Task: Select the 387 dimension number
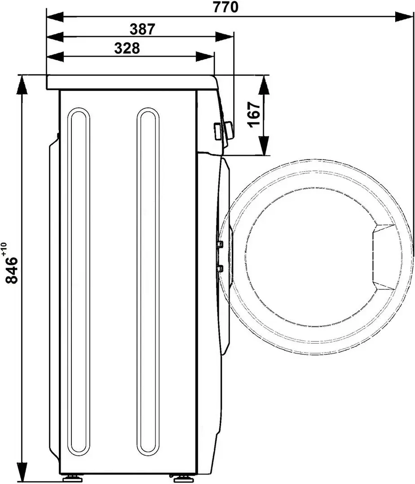(142, 29)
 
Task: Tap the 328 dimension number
(127, 48)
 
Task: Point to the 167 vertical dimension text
(254, 115)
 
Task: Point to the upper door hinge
(220, 244)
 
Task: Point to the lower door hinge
(220, 268)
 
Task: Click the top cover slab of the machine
(130, 82)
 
